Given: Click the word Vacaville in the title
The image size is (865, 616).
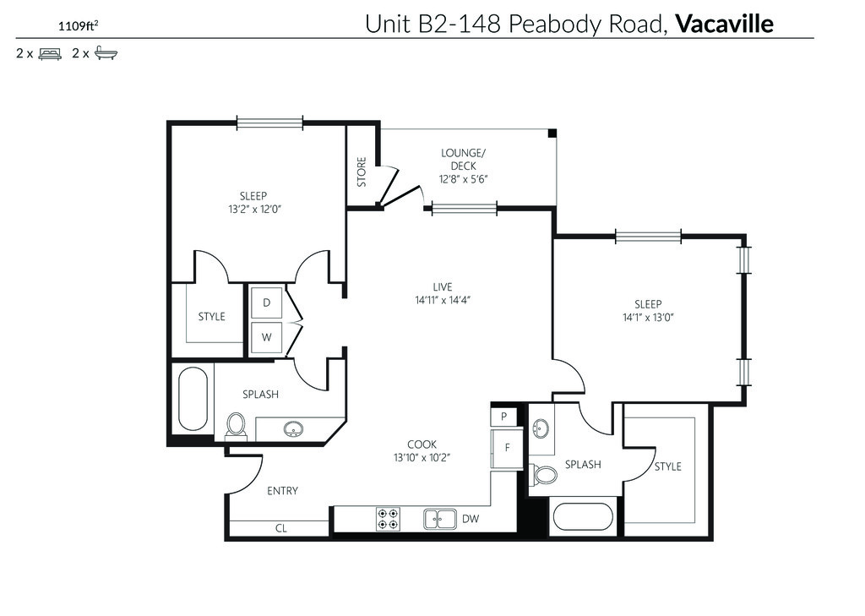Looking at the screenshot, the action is (724, 24).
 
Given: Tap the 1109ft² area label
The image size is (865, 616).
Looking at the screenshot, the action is (79, 25).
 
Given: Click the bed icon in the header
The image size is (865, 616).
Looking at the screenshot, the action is (50, 53).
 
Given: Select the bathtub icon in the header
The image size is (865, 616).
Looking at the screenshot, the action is (106, 53).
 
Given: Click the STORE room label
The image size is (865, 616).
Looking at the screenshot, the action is (362, 172).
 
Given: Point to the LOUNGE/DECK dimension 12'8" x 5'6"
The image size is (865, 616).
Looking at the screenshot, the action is (464, 179).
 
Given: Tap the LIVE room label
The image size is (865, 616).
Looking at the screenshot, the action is (443, 287).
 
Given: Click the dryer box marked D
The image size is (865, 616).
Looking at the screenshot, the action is (266, 303).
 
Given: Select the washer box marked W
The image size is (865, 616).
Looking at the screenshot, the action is (266, 337).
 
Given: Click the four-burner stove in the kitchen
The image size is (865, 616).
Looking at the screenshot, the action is (388, 520).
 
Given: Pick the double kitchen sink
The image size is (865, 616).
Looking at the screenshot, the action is (439, 519).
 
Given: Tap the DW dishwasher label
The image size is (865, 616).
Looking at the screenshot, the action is (471, 519).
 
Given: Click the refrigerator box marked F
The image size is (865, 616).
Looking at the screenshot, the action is (507, 448).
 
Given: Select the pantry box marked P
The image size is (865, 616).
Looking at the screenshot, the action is (503, 417).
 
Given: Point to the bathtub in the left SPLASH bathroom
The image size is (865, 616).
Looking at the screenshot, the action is (193, 400).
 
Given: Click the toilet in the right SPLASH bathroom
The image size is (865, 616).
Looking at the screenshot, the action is (544, 473).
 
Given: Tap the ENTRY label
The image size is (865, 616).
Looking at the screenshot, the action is (282, 491).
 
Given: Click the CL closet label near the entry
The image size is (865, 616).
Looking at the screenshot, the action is (280, 528).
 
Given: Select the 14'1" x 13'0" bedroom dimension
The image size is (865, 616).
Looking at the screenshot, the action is (648, 318).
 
